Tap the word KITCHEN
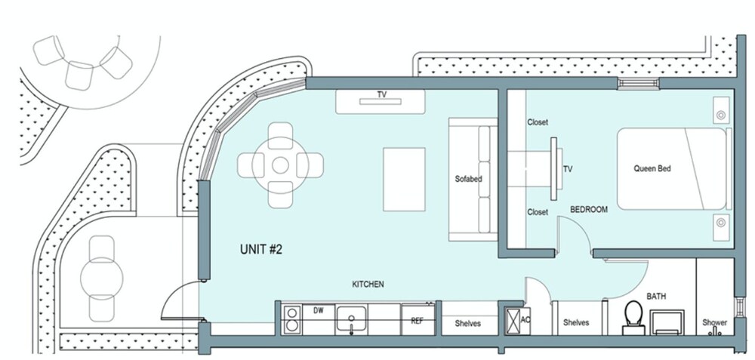pyautogui.click(x=368, y=285)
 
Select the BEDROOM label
pyautogui.click(x=588, y=209)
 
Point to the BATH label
pyautogui.click(x=656, y=297)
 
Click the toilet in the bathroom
pyautogui.click(x=633, y=318)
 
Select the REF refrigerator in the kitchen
pyautogui.click(x=418, y=319)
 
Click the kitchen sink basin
pyautogui.click(x=351, y=318)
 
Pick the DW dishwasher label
pyautogui.click(x=319, y=310)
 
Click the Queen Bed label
pyautogui.click(x=652, y=168)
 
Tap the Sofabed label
pyautogui.click(x=469, y=179)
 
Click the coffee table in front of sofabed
pyautogui.click(x=404, y=179)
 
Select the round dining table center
pyautogui.click(x=280, y=165)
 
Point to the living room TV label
pyautogui.click(x=382, y=95)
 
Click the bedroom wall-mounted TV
pyautogui.click(x=555, y=168)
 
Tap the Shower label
pyautogui.click(x=714, y=322)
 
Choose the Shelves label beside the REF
pyautogui.click(x=467, y=324)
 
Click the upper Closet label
pyautogui.click(x=538, y=122)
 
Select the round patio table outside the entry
pyautogui.click(x=102, y=278)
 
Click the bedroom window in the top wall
pyautogui.click(x=639, y=83)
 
